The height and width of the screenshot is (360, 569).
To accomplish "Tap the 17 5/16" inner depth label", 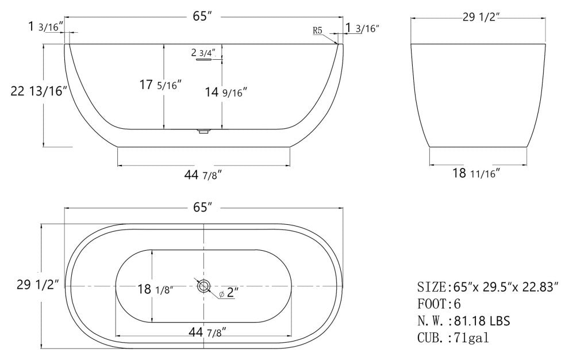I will click(160, 85).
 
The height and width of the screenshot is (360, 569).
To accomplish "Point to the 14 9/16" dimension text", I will click(226, 91).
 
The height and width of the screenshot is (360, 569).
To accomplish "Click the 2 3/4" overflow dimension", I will click(203, 52).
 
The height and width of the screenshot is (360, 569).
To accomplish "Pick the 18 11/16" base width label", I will click(476, 173).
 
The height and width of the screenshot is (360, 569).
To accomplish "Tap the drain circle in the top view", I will click(203, 286).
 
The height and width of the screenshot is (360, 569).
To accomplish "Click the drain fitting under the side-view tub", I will click(202, 132).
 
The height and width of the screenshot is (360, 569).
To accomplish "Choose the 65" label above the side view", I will click(203, 16).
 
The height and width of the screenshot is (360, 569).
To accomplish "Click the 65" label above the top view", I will click(203, 207).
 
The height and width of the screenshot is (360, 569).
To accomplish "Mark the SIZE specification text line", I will click(487, 286).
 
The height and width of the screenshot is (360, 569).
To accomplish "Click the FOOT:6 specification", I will click(439, 303).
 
